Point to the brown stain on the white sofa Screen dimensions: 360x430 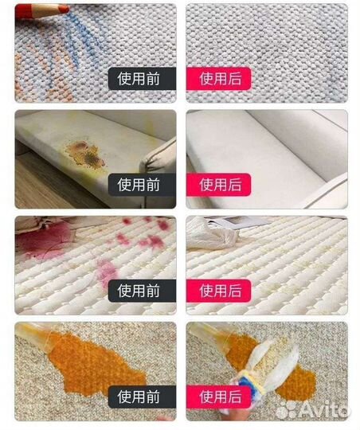coord(85,153)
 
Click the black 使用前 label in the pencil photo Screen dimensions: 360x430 coord(142,79)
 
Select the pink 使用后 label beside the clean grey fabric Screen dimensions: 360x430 coord(219,79)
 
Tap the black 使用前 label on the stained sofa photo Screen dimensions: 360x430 coord(142,185)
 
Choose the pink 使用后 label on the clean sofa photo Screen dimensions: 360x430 coord(219,185)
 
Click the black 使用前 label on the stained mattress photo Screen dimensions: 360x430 coord(142,291)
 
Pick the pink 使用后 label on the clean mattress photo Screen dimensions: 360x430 coord(219,291)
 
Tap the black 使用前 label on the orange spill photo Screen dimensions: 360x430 coord(142,397)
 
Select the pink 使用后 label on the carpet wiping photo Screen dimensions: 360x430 coord(219,397)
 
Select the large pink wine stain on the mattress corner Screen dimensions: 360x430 coord(44,241)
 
